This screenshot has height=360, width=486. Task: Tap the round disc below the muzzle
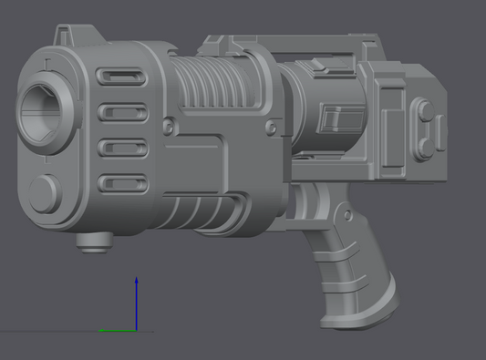click(43, 193)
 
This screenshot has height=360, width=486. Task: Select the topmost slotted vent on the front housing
click(119, 78)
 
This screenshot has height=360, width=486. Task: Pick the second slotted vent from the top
click(119, 113)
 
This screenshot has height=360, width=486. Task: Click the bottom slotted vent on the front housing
click(119, 183)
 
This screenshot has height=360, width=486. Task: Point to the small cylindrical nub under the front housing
click(93, 242)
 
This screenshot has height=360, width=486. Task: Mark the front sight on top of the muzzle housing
click(65, 36)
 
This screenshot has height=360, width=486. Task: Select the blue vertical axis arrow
click(136, 301)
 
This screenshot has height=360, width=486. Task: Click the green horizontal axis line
click(116, 330)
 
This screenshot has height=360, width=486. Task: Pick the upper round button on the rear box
click(426, 112)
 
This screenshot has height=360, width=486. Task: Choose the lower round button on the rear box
click(426, 144)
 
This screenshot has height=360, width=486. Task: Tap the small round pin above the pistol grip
click(347, 214)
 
